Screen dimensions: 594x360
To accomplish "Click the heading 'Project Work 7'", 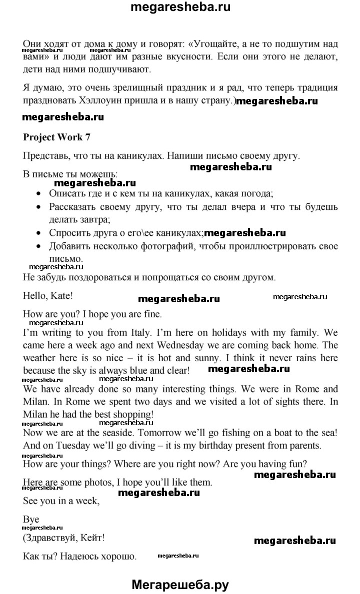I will click(56, 137).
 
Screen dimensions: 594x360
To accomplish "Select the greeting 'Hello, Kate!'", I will click(48, 295).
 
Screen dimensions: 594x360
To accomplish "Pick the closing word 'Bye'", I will click(31, 520).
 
